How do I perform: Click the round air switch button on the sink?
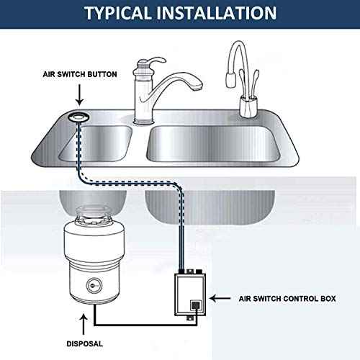[x=78, y=116]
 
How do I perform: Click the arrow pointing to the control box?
[x=232, y=297]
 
